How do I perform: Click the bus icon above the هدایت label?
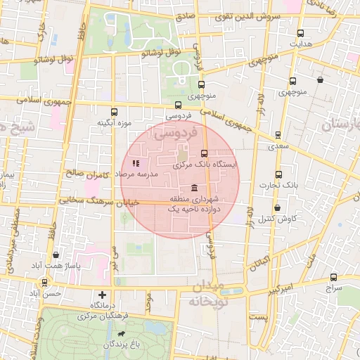point(301,33)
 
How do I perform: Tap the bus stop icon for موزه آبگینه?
point(114,112)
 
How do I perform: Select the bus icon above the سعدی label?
point(278,135)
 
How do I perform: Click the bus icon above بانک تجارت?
point(278,174)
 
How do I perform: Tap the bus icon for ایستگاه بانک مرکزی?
point(205,153)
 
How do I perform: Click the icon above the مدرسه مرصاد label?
point(136,163)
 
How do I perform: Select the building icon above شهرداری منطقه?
point(194,187)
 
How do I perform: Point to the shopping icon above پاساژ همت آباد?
point(56,255)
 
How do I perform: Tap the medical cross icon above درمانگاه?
point(103,295)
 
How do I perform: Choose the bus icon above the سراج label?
point(330,277)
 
